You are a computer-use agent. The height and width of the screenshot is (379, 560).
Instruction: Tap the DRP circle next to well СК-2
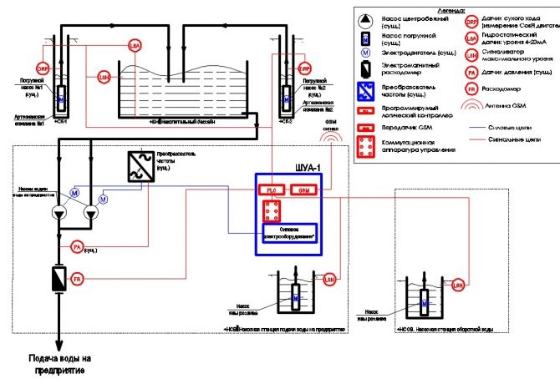pyautogui.click(x=305, y=68)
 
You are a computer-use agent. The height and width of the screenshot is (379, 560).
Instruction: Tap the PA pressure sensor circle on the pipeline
pyautogui.click(x=76, y=247)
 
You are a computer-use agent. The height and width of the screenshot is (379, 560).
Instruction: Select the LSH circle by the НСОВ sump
pyautogui.click(x=457, y=286)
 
